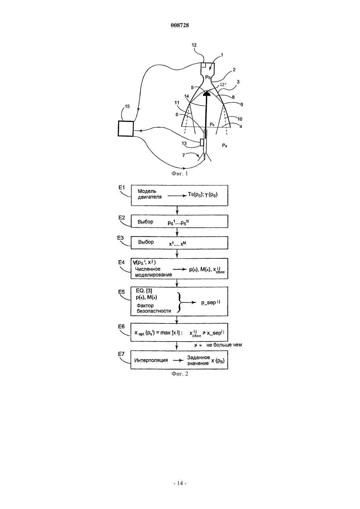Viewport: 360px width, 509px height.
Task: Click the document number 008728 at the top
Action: click(180, 25)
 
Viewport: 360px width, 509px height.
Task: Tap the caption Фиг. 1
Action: click(180, 174)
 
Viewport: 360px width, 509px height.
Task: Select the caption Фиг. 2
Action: click(180, 374)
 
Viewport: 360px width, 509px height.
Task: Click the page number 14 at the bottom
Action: click(180, 483)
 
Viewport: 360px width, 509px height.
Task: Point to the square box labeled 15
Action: click(126, 129)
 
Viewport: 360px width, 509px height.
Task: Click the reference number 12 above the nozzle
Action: click(194, 45)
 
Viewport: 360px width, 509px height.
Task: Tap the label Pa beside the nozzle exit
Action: click(225, 146)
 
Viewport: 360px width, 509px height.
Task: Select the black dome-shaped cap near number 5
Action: click(207, 93)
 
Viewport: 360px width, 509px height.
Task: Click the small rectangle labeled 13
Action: click(202, 142)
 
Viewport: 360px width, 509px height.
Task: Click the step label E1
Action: click(122, 187)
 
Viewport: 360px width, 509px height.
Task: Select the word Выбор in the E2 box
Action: click(145, 221)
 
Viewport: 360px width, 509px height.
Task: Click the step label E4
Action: click(122, 262)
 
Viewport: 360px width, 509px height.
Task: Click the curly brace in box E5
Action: click(179, 303)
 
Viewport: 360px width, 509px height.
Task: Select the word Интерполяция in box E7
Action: click(151, 360)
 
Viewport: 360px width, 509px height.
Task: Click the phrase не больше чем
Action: click(224, 345)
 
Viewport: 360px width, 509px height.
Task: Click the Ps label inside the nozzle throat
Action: click(208, 77)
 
